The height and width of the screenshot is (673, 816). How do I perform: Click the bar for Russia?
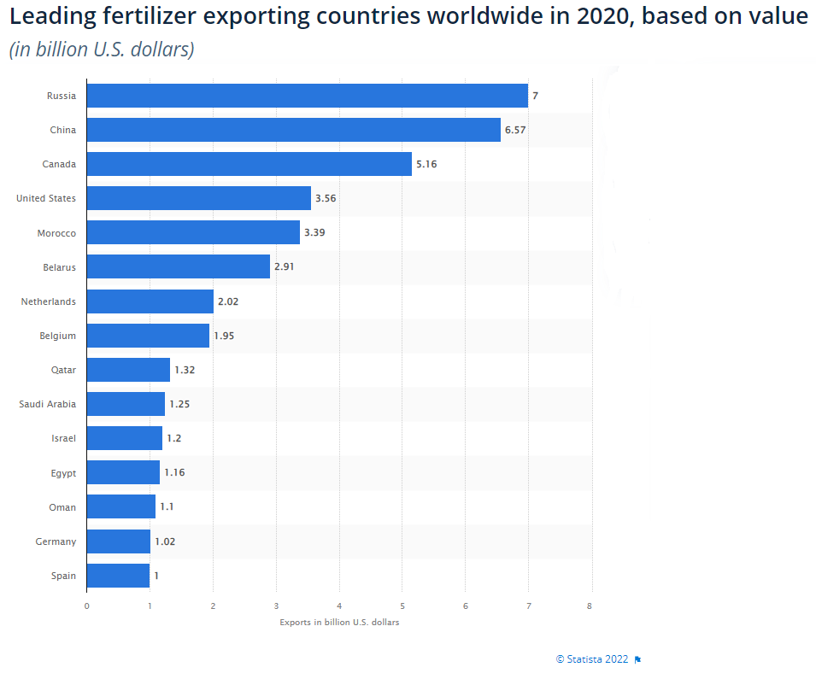point(308,96)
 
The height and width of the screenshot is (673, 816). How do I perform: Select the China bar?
point(294,130)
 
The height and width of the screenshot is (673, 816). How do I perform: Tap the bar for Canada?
point(249,164)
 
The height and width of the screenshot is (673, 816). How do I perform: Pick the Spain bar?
point(118,576)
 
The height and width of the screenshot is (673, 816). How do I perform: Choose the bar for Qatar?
point(128,370)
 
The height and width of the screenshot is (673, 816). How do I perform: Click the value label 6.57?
point(515,130)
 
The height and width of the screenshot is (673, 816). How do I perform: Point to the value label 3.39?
point(314,232)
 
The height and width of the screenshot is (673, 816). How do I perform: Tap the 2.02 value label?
point(228,301)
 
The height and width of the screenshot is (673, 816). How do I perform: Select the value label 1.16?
point(174,472)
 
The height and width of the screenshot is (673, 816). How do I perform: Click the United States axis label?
point(46,198)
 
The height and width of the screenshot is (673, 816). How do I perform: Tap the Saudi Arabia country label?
point(47,404)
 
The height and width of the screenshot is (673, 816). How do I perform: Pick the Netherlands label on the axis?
point(49,301)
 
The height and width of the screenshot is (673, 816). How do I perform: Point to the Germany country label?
point(56,541)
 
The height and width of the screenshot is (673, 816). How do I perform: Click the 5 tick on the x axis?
point(402,606)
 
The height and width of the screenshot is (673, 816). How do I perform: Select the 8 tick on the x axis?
point(589,606)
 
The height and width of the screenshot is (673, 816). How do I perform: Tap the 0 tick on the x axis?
point(87,606)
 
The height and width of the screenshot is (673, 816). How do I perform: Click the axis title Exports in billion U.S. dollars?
point(339,622)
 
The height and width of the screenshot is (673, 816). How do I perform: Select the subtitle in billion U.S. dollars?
point(102,50)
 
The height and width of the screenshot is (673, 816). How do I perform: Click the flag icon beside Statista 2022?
point(637,659)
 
